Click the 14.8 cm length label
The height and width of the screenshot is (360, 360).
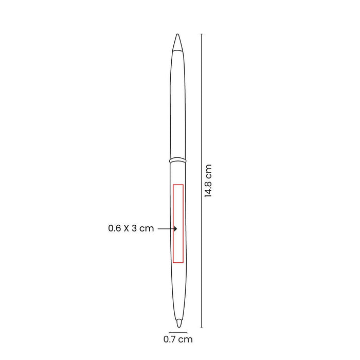tap(208, 181)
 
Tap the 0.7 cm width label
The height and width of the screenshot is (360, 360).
tap(178, 339)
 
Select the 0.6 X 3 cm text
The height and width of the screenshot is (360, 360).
tap(131, 228)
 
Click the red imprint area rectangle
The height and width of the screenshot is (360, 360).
tap(173, 223)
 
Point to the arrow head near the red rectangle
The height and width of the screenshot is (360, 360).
tap(176, 229)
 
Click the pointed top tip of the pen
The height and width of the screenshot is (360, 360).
tap(177, 34)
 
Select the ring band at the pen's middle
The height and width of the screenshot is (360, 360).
tap(177, 160)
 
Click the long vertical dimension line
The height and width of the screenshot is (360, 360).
tap(202, 181)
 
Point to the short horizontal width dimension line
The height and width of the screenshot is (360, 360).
tap(178, 332)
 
